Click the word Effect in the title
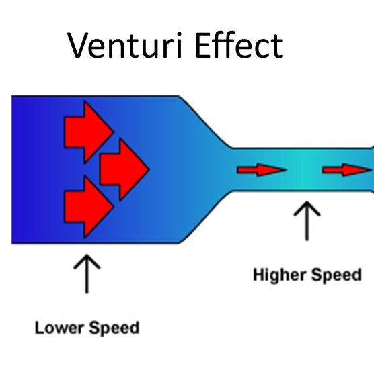click(x=236, y=46)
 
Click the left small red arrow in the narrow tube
click(x=260, y=170)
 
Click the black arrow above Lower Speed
click(x=86, y=272)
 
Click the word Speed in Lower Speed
click(x=114, y=329)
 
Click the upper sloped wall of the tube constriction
click(x=204, y=122)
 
